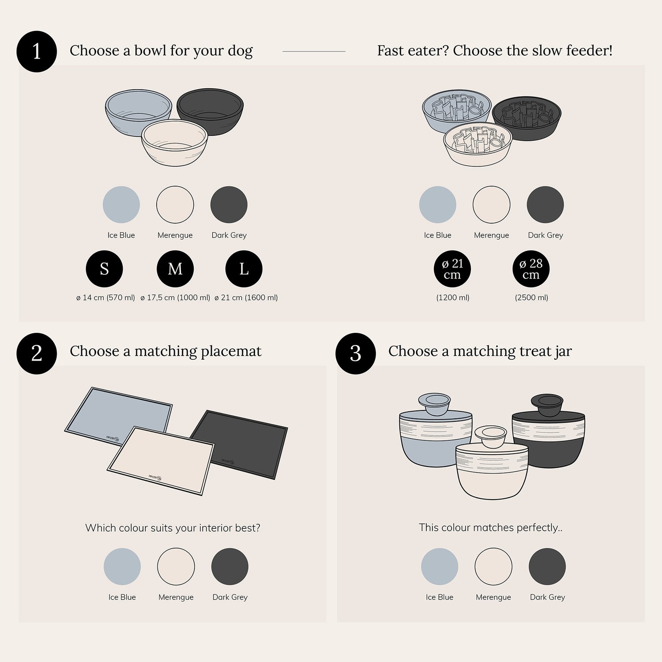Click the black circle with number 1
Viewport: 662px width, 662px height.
[37, 51]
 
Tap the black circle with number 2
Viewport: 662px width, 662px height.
[37, 353]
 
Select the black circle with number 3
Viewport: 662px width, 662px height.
[355, 353]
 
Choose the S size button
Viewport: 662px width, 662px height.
[104, 269]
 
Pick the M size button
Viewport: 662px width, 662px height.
[175, 269]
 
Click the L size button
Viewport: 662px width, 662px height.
[244, 269]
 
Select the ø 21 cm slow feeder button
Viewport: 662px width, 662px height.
[452, 269]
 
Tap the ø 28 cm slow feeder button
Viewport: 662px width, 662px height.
[531, 269]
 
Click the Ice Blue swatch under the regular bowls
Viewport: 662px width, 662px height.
[121, 205]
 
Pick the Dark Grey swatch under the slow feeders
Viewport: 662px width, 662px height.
[545, 205]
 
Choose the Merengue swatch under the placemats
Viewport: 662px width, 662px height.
[176, 567]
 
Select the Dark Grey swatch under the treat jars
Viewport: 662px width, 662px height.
[547, 567]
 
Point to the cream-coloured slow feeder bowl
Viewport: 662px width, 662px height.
[477, 145]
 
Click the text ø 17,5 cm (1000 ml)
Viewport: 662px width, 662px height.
[175, 297]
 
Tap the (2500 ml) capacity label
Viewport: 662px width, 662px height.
[531, 297]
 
